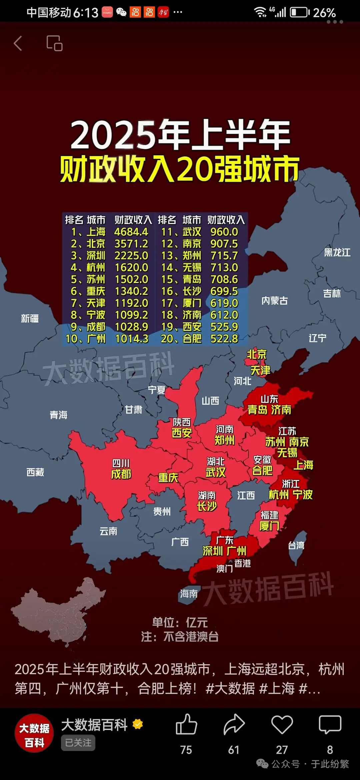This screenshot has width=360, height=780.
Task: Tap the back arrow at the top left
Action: click(x=18, y=43)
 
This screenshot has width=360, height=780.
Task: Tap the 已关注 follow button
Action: click(x=78, y=743)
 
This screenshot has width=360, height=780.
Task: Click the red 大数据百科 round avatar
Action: click(x=34, y=733)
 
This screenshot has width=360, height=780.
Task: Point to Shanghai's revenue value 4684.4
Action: click(x=131, y=232)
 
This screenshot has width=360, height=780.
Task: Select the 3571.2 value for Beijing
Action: click(x=131, y=244)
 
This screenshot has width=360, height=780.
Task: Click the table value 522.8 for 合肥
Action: click(x=224, y=339)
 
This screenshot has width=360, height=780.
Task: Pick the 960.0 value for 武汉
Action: click(x=224, y=232)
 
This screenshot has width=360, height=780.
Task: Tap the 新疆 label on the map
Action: click(x=30, y=319)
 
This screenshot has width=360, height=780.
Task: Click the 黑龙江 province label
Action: click(x=337, y=252)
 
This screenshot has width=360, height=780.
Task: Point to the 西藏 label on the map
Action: click(x=35, y=472)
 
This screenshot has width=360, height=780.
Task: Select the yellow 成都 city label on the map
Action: click(x=121, y=474)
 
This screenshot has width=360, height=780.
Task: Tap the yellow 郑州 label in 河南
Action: click(x=224, y=440)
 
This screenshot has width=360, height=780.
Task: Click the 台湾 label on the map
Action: click(x=296, y=545)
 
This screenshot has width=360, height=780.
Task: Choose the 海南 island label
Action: click(x=189, y=594)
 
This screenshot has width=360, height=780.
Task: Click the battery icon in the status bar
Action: click(x=299, y=13)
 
